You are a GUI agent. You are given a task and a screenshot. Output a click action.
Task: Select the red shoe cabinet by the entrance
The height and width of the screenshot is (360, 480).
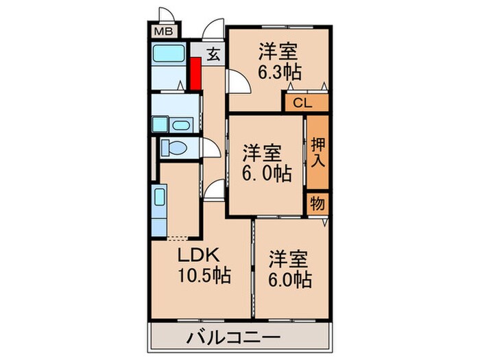click(195, 74)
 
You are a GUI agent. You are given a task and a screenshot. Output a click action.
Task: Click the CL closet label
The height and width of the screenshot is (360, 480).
click(302, 104)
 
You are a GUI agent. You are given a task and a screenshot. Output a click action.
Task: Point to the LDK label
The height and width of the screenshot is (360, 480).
click(198, 256)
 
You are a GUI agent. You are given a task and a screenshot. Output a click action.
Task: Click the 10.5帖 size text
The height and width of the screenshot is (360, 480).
click(204, 276)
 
